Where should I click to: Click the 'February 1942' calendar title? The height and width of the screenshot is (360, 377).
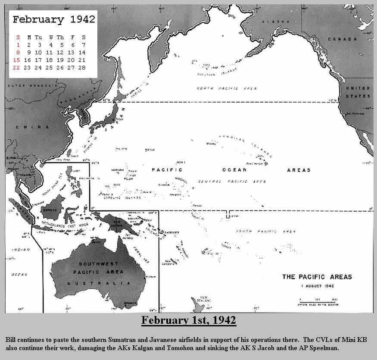point(53,19)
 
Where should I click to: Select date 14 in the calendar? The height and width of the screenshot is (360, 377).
point(81,52)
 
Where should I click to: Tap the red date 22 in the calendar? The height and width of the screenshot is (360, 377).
point(16,68)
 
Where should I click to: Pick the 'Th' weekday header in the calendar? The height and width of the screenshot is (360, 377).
point(60,37)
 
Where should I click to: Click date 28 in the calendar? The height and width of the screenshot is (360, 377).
point(81,68)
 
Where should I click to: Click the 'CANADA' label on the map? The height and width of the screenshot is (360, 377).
point(343,39)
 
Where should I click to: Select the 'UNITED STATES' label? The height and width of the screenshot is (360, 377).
point(358,92)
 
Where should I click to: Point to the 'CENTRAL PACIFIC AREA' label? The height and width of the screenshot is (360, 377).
point(232,182)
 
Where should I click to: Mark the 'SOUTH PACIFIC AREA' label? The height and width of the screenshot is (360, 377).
point(266,232)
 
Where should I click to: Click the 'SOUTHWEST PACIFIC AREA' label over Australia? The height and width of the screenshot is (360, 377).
point(98,268)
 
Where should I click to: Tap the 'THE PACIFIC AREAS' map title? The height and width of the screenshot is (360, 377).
point(317,277)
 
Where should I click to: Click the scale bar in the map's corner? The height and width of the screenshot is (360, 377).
point(318,301)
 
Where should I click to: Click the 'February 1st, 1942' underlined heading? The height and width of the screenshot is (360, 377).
point(188,320)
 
